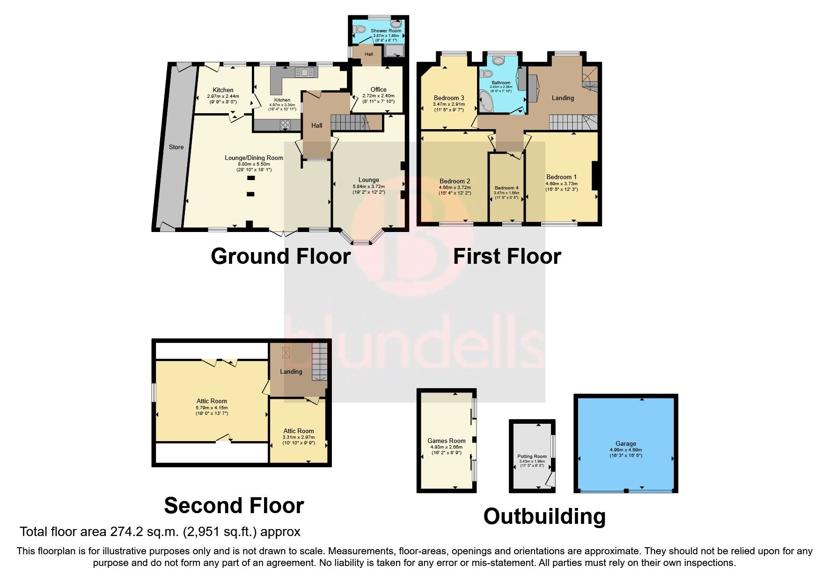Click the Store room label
pos(176,147)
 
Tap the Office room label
pos(378,89)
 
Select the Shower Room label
pos(386,30)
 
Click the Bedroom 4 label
pos(506,188)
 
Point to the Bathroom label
pos(501,83)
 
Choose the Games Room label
pos(446,441)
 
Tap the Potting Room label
pos(532,457)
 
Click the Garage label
pos(625,443)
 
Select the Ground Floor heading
pos(280,256)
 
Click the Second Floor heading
pos(234,506)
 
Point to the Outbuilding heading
pos(544,516)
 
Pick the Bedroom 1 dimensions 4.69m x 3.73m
pos(561,184)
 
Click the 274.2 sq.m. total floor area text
pos(160,532)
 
